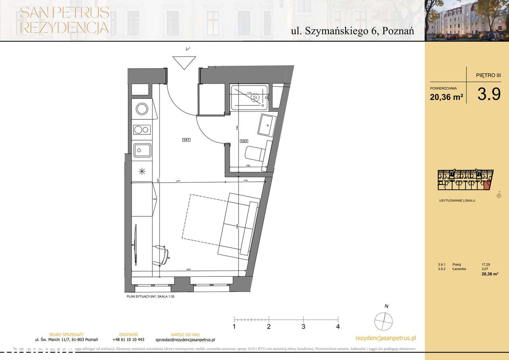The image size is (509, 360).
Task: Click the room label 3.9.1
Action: [187, 140]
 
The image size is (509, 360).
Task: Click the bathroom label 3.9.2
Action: [244, 141]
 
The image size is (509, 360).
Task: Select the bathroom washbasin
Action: [265, 125]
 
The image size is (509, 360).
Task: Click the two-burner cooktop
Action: [142, 129]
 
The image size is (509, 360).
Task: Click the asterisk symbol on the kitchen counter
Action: [142, 171]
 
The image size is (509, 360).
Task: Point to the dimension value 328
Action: [188, 270]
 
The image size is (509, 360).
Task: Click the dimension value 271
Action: [179, 181]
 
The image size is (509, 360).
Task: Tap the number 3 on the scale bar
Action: [303, 327]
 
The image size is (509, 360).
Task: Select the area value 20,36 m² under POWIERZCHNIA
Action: [446, 97]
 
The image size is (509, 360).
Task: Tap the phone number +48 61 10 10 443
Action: [128, 340]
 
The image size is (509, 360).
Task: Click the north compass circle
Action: [384, 321]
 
